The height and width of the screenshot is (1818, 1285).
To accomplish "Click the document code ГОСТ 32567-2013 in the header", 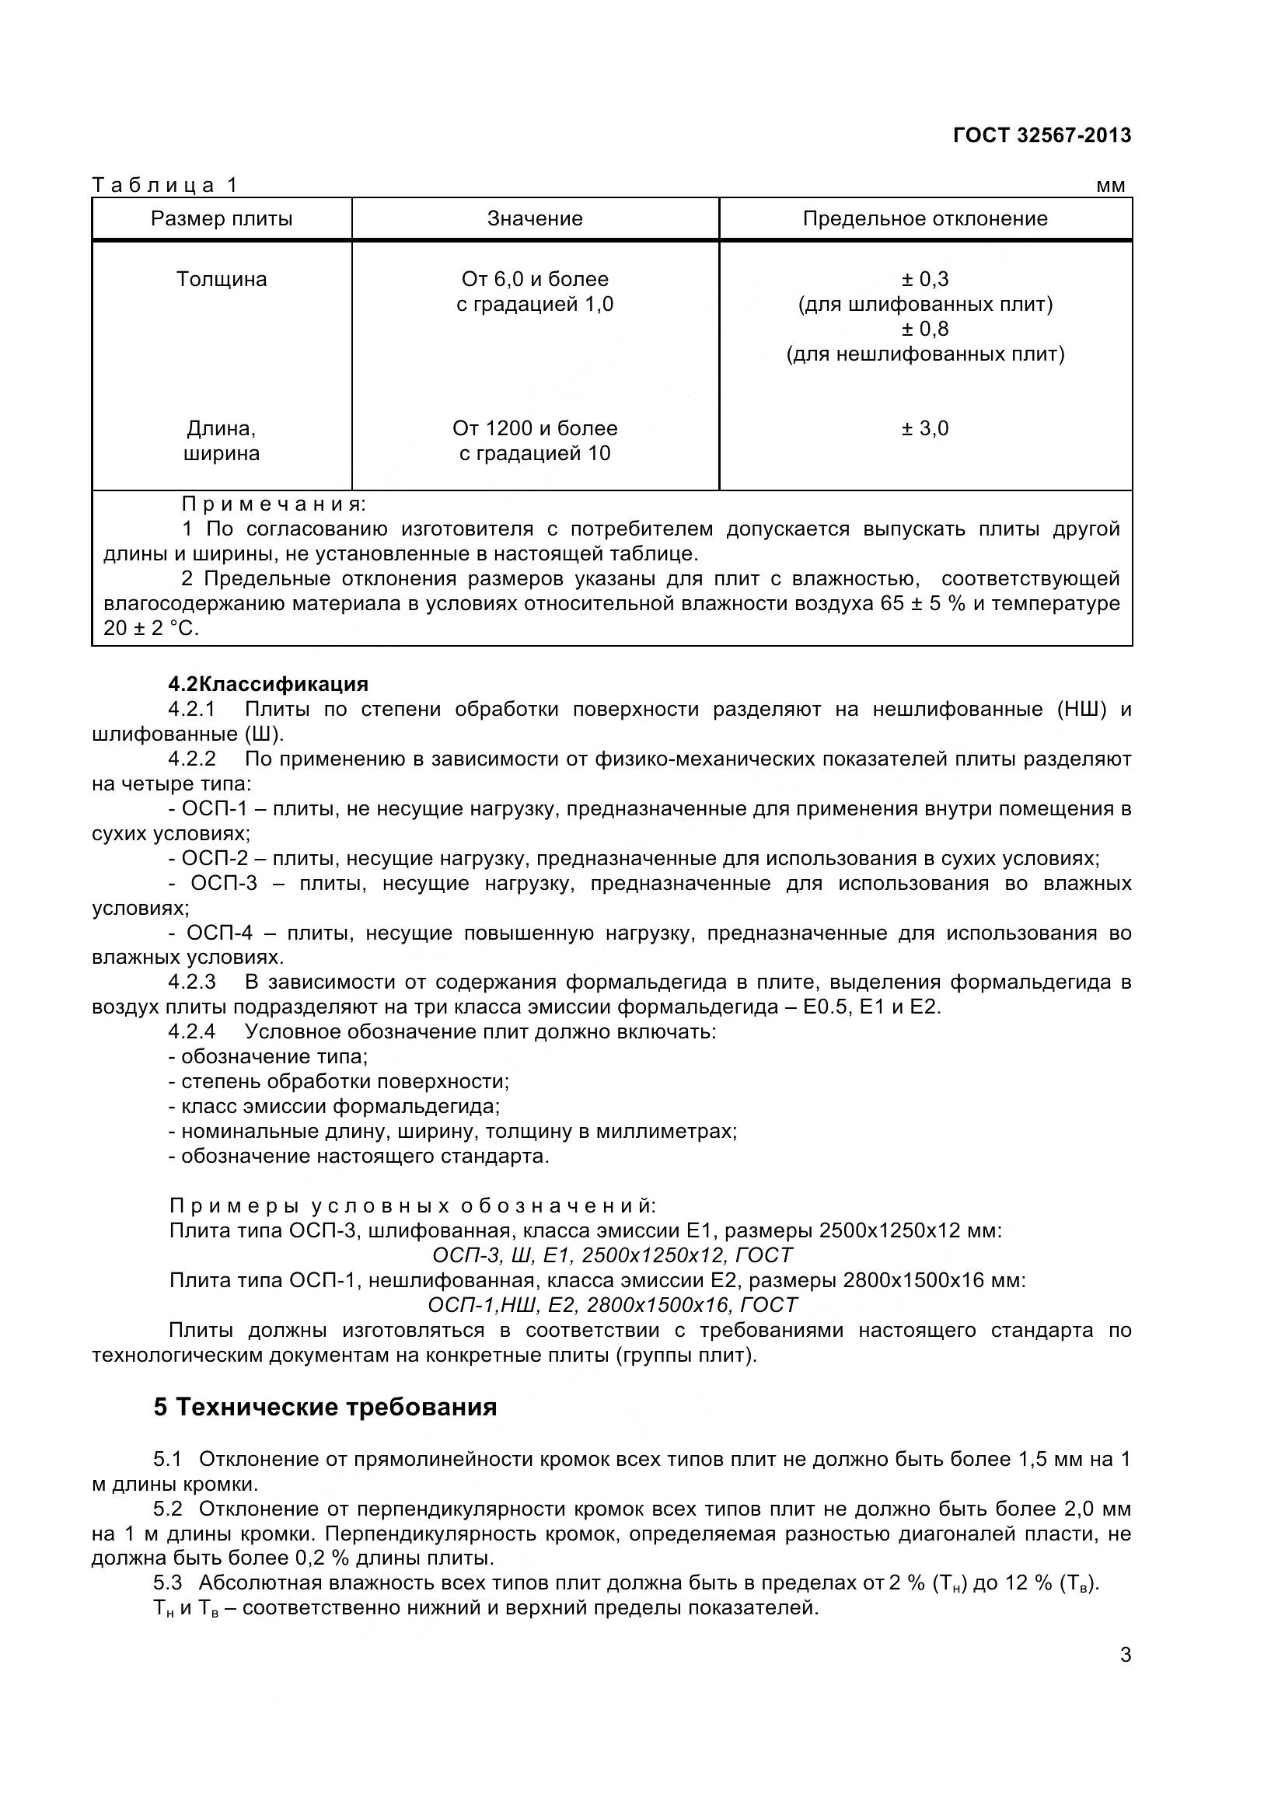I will click(1042, 135).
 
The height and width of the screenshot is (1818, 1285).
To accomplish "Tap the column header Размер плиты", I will click(222, 218).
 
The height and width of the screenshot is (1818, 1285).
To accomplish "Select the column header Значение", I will click(534, 218).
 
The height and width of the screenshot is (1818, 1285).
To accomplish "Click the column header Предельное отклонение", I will click(925, 218).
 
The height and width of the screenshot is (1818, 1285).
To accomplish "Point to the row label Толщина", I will click(222, 280).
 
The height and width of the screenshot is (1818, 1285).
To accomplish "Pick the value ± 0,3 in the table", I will click(925, 280).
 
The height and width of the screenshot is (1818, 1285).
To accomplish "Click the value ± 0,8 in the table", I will click(925, 329).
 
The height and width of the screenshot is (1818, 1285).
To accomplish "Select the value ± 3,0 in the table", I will click(925, 428).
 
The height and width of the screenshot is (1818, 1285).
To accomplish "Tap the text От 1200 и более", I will click(534, 428).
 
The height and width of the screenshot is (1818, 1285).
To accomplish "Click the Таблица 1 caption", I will click(165, 185).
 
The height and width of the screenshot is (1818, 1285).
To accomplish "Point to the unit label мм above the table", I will click(1110, 186).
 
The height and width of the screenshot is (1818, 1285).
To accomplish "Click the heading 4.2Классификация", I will click(268, 684).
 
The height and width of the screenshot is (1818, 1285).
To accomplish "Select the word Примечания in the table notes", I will click(274, 504).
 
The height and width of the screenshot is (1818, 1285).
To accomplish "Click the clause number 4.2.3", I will click(191, 982).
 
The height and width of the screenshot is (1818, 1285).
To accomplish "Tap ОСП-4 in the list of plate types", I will click(218, 933).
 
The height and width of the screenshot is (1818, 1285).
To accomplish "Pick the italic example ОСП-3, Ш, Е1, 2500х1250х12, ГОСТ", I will click(612, 1256).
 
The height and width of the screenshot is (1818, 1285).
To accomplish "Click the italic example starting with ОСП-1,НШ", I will click(612, 1305).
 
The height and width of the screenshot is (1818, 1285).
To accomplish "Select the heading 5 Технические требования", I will click(326, 1407).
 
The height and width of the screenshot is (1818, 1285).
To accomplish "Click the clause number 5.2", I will click(168, 1509).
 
